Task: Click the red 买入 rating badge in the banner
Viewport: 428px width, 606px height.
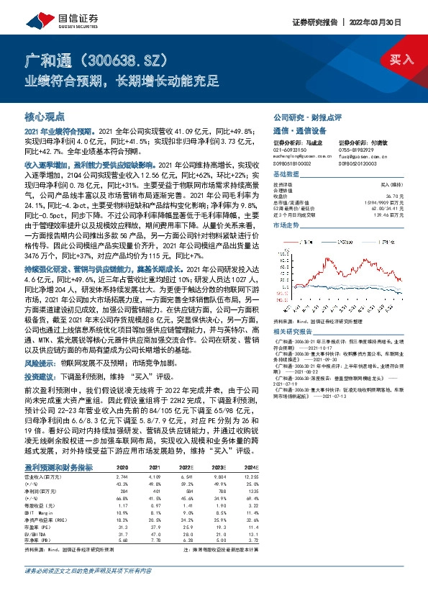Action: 401,60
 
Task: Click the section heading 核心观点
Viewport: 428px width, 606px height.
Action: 45,115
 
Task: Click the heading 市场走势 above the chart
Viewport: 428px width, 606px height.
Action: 286,225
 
